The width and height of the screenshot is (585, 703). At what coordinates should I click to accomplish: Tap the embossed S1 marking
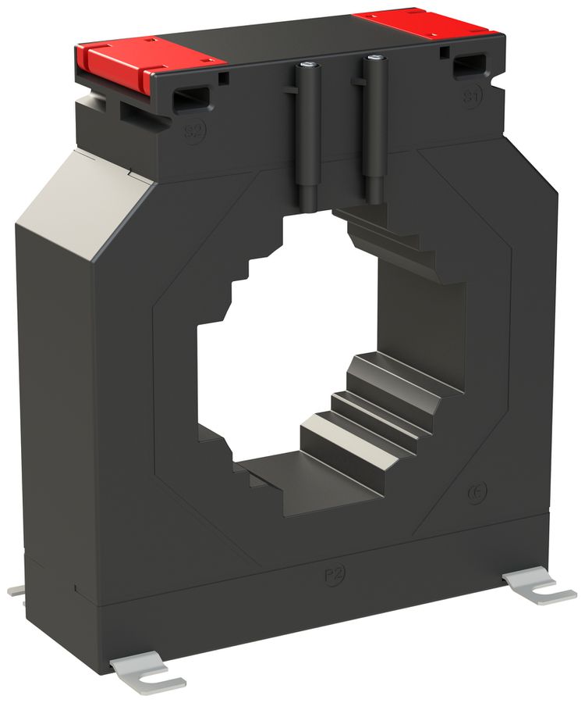tap(470, 96)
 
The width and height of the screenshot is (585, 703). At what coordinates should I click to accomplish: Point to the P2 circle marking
tap(333, 576)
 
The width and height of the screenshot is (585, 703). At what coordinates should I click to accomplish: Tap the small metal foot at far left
tap(16, 591)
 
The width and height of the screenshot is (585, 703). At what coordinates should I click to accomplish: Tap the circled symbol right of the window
tap(477, 492)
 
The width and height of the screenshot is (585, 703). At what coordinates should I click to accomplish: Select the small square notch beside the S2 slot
tap(224, 78)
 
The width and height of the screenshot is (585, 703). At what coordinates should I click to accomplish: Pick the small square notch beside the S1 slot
tap(443, 53)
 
